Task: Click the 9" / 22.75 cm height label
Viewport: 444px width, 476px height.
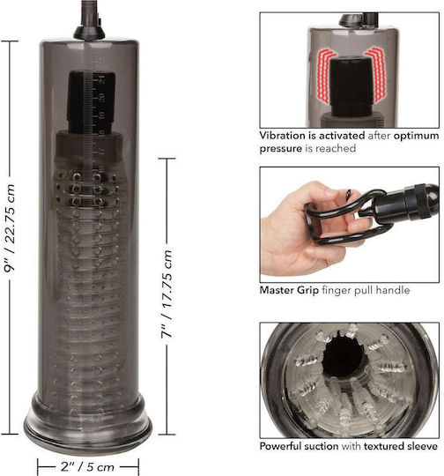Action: (x=10, y=228)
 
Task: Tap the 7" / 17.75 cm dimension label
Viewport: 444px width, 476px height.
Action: (x=166, y=294)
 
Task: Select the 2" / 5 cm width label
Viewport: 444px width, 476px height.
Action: (x=87, y=466)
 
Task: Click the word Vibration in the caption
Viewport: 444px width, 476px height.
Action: (x=283, y=136)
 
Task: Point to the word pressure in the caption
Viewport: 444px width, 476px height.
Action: (x=281, y=149)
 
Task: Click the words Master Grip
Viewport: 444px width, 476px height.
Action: (x=289, y=291)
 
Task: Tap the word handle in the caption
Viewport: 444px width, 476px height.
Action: (x=393, y=290)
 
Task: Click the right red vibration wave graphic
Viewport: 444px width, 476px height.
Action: (x=376, y=74)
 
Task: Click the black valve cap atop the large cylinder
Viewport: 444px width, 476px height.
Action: (x=90, y=32)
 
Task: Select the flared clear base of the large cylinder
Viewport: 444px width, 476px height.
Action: (x=88, y=421)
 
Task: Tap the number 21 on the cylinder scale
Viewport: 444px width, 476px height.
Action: (x=102, y=79)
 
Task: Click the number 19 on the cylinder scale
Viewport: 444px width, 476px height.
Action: (x=102, y=115)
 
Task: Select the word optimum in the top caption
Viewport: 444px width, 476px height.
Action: (x=416, y=136)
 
